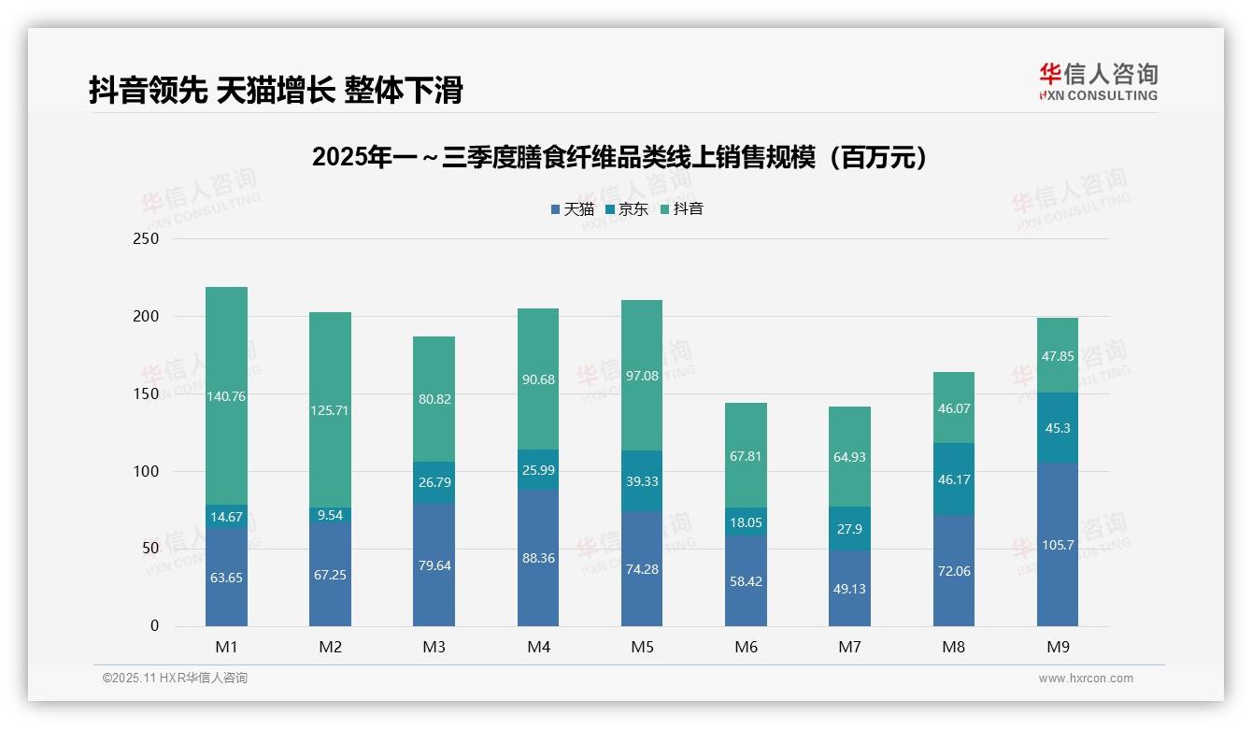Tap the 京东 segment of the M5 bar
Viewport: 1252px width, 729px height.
point(642,480)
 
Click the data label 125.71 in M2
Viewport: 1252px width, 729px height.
point(330,410)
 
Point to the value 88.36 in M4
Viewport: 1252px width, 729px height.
point(538,558)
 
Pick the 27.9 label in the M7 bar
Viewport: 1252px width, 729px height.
point(849,529)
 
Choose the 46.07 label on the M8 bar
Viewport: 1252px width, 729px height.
point(953,408)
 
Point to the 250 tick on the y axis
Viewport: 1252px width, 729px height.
point(147,238)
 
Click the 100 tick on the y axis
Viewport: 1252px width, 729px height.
point(147,471)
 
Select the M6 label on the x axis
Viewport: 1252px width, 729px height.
point(746,647)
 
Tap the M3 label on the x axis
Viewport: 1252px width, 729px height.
point(434,647)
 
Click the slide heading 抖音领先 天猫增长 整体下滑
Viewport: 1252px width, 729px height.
point(276,91)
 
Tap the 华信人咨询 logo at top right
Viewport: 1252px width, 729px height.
point(1098,82)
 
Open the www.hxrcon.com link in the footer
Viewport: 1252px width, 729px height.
point(1086,679)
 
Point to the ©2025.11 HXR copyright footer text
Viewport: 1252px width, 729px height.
point(175,679)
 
